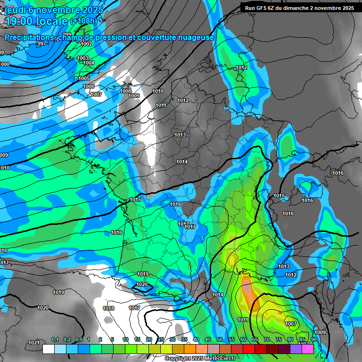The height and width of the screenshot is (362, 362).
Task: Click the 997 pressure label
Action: (x=42, y=43)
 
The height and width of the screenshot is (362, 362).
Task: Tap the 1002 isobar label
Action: (x=86, y=44)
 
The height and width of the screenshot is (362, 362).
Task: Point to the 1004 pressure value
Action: (x=89, y=63)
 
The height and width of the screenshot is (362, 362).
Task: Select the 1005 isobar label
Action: (x=84, y=78)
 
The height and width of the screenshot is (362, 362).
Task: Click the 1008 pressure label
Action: (x=125, y=91)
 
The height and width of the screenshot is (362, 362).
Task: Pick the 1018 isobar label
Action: (x=108, y=308)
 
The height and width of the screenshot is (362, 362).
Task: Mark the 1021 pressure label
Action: (x=33, y=343)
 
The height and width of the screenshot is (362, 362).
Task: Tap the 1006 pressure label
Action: (x=89, y=86)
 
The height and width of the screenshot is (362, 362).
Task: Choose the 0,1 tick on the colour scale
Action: (x=55, y=340)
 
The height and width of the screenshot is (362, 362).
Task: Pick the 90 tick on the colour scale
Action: (x=313, y=340)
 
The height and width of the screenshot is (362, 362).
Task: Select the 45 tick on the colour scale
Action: (x=208, y=340)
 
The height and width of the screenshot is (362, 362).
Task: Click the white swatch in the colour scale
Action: (x=48, y=349)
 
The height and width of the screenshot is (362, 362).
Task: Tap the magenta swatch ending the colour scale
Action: (x=307, y=349)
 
